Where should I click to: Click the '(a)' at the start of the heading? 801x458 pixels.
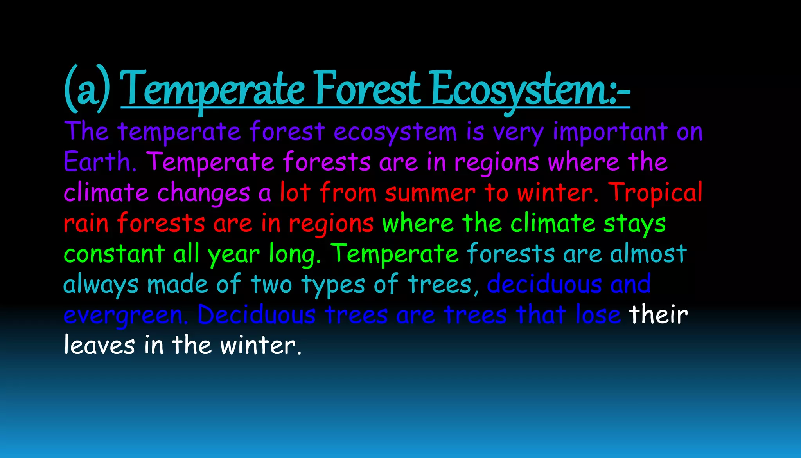(87, 90)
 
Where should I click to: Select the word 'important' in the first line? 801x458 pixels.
(610, 132)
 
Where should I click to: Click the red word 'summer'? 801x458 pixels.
(430, 193)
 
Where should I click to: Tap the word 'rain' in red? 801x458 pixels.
(86, 224)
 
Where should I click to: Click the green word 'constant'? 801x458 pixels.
(114, 254)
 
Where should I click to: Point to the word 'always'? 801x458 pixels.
(101, 285)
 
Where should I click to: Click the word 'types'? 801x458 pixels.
(333, 285)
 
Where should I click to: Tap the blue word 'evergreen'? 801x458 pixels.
(122, 316)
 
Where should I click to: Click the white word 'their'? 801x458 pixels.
(658, 315)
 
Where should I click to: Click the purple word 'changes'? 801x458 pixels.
(203, 193)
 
